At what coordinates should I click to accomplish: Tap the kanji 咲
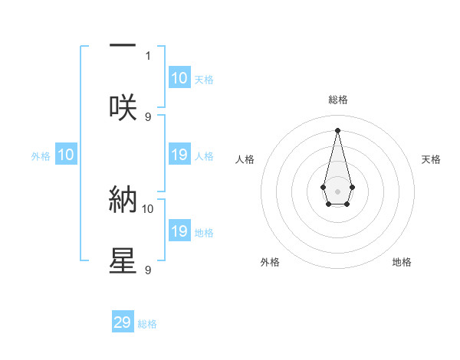123,108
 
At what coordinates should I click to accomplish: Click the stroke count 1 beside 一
148,55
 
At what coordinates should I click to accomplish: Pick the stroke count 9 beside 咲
148,116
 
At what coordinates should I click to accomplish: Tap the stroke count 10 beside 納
148,208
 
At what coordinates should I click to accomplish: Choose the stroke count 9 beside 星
148,270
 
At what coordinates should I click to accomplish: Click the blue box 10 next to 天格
179,78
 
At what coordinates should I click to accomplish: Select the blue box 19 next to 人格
179,155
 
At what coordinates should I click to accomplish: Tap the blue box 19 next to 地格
179,231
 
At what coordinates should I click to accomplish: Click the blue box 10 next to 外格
66,155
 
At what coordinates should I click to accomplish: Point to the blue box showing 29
123,322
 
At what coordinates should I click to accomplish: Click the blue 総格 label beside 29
147,324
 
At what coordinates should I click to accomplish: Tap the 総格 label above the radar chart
337,100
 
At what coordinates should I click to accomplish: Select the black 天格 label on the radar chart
432,159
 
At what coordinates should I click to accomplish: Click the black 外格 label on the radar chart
270,262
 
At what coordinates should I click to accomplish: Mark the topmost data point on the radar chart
337,129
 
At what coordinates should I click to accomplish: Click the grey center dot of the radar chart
337,190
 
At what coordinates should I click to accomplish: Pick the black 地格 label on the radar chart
402,262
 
